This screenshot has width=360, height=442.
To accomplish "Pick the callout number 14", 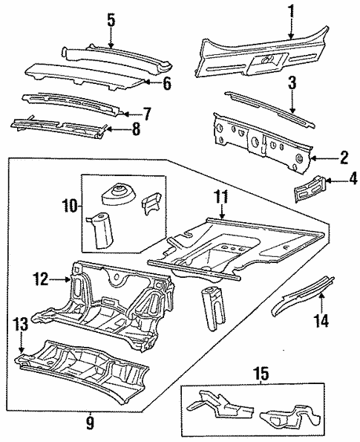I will point(321,323).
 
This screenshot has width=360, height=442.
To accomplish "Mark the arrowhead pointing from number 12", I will point(68,280).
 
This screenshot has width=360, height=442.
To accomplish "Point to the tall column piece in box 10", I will point(100,232).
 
